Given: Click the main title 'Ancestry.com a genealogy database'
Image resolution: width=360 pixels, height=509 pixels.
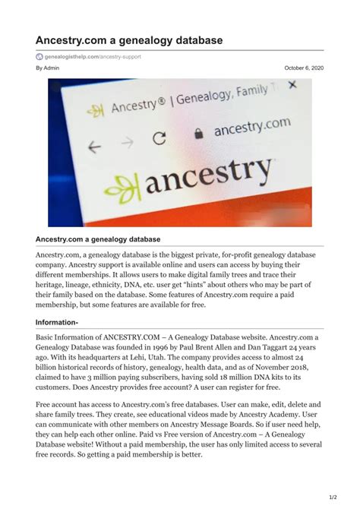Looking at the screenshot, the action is tap(129, 40).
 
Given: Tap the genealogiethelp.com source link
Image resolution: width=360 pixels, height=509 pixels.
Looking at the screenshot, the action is tap(93, 56).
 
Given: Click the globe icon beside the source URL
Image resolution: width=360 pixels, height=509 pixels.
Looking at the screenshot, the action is tap(39, 56).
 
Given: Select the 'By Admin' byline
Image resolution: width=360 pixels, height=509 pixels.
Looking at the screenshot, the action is tap(48, 68).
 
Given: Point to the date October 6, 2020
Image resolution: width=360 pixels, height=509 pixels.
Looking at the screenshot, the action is tap(304, 68).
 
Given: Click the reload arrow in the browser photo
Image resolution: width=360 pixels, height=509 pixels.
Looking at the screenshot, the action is tap(159, 139).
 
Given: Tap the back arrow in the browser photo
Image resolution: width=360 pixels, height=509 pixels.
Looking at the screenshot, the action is tap(94, 147).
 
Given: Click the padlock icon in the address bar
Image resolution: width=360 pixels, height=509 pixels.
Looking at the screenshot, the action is tap(199, 133).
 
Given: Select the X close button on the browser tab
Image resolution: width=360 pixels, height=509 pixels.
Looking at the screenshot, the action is tap(293, 84).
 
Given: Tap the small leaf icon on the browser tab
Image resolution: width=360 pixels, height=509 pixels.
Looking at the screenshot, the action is tap(95, 111).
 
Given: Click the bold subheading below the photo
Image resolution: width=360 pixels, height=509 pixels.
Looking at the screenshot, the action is tap(98, 239).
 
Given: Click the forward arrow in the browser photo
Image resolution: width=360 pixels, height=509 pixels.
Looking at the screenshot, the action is tap(127, 142).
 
